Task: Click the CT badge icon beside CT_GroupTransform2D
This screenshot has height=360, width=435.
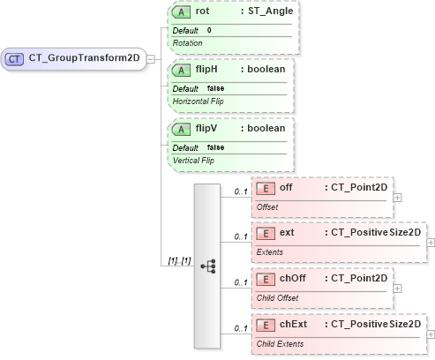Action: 15,58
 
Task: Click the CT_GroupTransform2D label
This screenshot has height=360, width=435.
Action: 85,58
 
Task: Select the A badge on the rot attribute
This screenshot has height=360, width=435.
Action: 182,13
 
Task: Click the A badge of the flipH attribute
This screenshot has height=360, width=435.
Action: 182,71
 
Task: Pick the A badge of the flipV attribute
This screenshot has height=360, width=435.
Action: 182,129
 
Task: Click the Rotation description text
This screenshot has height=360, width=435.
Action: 187,42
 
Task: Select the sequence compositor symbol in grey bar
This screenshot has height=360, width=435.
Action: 208,265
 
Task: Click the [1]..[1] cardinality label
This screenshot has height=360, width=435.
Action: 179,261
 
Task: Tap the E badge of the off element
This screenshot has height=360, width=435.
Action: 266,188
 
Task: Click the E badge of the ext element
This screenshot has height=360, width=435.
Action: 266,234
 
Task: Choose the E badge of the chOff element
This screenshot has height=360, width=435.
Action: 266,279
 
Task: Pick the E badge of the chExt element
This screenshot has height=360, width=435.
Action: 266,325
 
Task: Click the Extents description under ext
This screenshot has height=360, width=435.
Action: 270,251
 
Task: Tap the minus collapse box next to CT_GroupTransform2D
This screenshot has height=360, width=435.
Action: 151,58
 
